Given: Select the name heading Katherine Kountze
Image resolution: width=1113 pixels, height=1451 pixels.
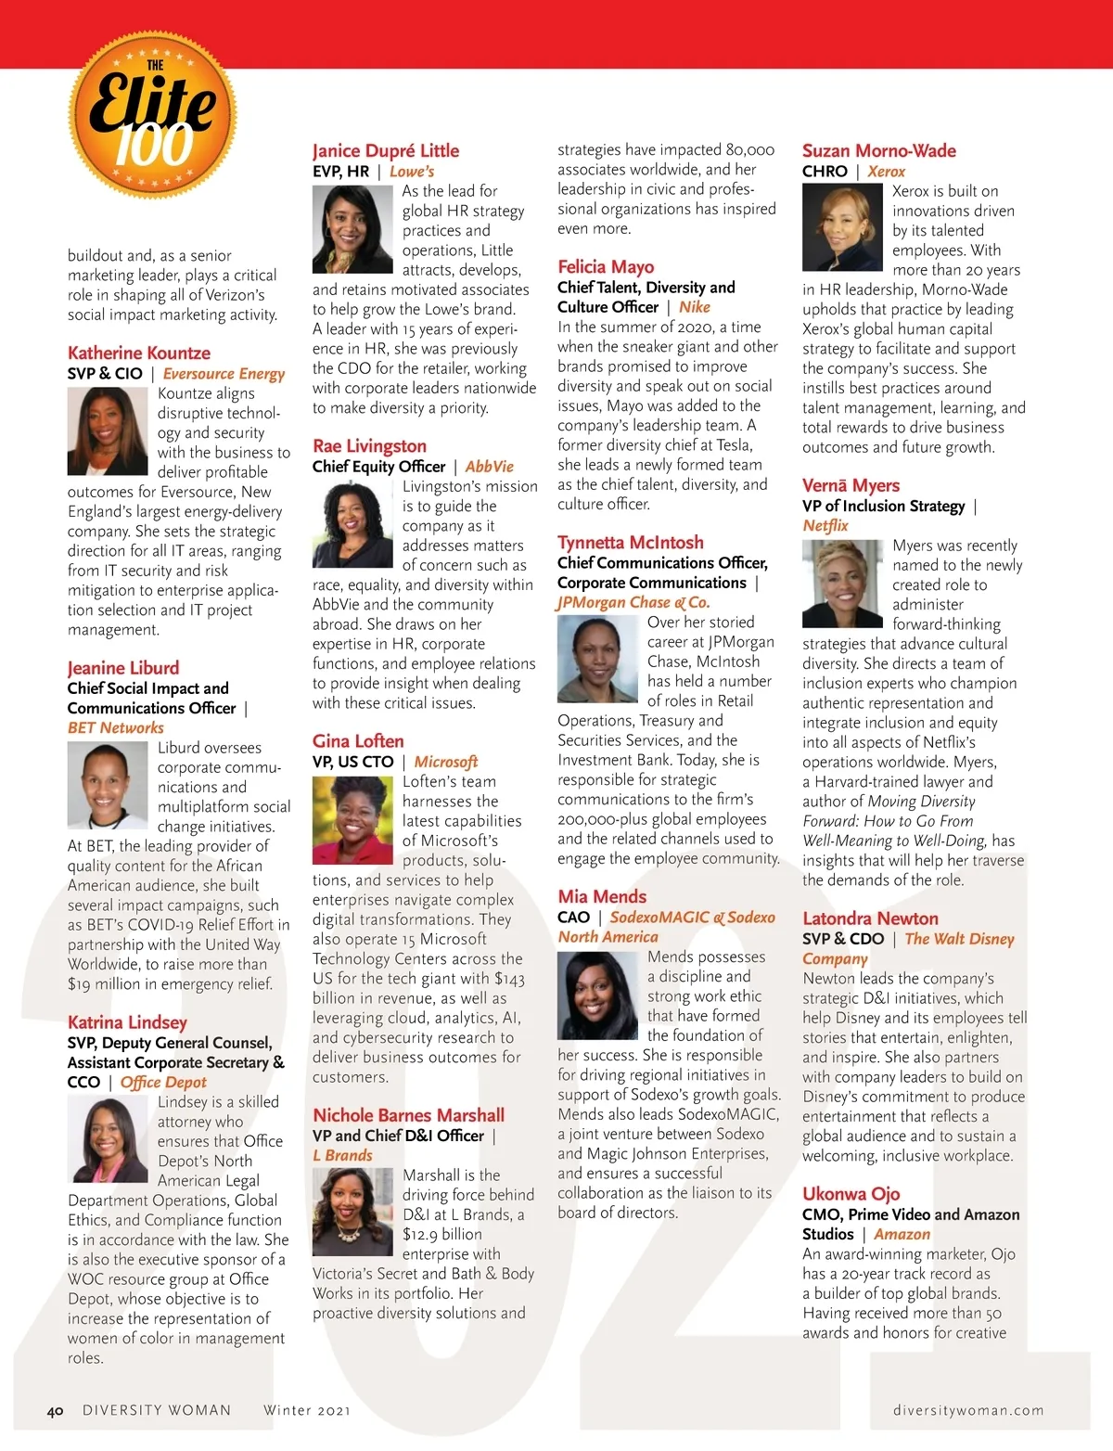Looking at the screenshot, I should click(139, 353).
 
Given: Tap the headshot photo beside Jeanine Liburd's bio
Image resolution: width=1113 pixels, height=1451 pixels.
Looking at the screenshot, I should click(107, 785).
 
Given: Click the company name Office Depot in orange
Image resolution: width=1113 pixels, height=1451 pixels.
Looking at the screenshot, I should click(163, 1082).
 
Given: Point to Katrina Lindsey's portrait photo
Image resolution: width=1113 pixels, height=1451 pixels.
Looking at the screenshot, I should click(107, 1138).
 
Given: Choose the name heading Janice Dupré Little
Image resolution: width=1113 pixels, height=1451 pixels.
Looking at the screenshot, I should click(386, 150).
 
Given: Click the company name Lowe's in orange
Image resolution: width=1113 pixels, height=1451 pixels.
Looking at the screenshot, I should click(412, 172).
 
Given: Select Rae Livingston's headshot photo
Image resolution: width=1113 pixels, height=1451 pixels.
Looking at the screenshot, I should click(352, 524).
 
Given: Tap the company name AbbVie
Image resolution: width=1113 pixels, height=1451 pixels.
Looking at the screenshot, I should click(489, 467).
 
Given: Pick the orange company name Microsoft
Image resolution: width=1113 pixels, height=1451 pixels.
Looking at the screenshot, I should click(445, 762).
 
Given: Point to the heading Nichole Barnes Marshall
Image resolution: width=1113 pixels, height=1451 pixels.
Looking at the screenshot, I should click(409, 1115).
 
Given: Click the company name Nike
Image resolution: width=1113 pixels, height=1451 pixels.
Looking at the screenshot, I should click(694, 307).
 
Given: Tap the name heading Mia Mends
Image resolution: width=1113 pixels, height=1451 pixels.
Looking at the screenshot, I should click(602, 896).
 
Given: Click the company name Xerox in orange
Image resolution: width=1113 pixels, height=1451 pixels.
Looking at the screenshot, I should click(886, 172).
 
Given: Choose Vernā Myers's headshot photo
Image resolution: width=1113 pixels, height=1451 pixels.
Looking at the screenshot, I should click(842, 584).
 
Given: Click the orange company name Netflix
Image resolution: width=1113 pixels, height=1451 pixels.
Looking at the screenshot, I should click(825, 526).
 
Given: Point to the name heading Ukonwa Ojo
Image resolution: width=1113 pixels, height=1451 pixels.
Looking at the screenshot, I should click(851, 1194).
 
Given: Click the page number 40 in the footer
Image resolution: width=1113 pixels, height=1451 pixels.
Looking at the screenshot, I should click(56, 1411).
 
